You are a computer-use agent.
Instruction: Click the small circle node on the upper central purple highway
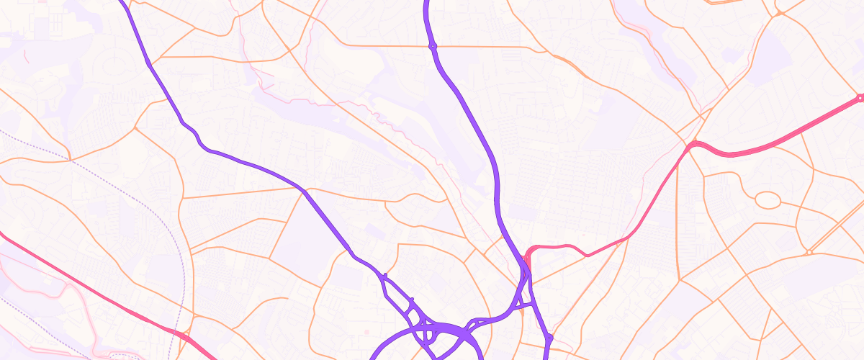click(433, 46)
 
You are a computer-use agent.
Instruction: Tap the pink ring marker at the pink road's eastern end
click(860, 98)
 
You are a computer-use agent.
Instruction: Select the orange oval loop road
click(768, 199)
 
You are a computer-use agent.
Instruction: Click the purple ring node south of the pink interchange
click(549, 337)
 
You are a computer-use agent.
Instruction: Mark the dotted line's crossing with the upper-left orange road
click(70, 159)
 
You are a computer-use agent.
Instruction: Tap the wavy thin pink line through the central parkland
click(374, 115)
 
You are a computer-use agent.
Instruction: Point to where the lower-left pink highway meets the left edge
click(2, 234)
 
